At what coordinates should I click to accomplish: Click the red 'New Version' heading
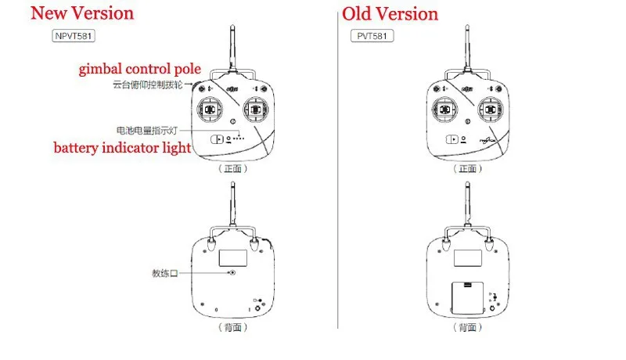tap(81, 13)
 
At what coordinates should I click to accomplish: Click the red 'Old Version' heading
tap(390, 14)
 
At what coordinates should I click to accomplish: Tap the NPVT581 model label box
tap(75, 35)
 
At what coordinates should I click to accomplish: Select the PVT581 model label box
tap(371, 35)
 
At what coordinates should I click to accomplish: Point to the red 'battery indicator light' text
tap(121, 148)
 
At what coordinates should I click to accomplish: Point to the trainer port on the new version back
tap(233, 273)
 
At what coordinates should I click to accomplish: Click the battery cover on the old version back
tap(466, 295)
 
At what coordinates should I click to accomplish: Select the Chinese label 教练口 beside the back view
tap(166, 274)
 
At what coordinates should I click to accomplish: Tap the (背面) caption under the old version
tap(467, 328)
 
